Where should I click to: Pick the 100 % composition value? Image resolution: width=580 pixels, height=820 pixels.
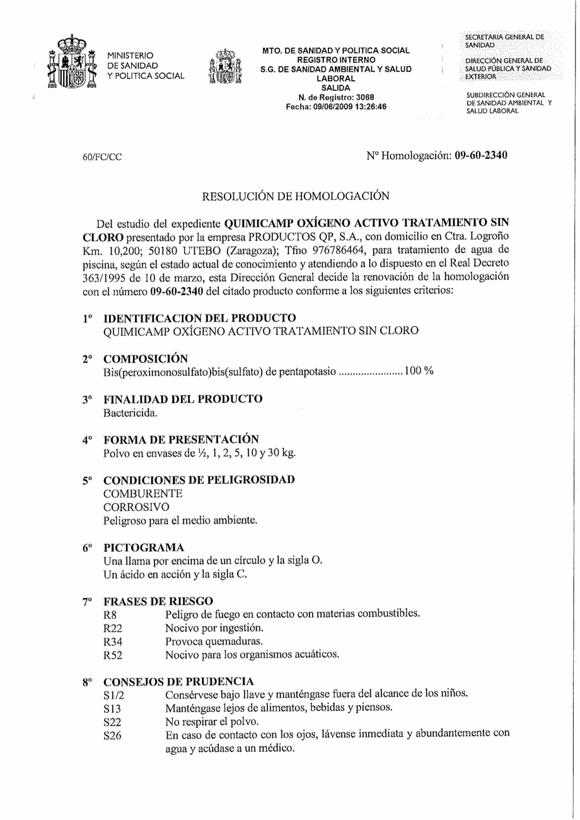click(x=419, y=371)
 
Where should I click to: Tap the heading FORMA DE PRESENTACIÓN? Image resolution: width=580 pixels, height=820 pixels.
click(x=181, y=440)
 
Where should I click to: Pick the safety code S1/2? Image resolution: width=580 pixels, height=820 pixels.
click(x=115, y=694)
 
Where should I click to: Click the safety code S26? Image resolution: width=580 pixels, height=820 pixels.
click(x=112, y=735)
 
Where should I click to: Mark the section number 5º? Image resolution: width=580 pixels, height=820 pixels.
click(x=88, y=481)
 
